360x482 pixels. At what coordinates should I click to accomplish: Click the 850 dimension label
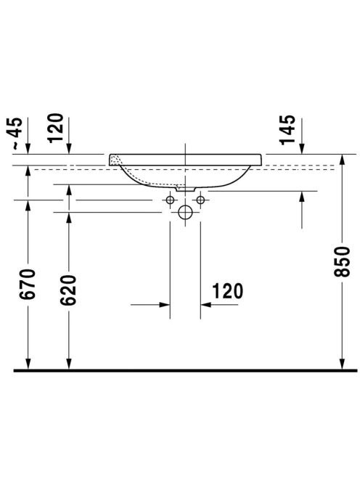coord(342,261)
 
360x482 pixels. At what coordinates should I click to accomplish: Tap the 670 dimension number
coord(28,284)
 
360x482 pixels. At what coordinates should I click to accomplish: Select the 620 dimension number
coord(68,290)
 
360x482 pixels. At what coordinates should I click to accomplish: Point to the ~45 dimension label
coord(14,134)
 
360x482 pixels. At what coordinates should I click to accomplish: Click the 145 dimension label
coord(287,130)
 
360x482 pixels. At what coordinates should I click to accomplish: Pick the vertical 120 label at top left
coord(55,128)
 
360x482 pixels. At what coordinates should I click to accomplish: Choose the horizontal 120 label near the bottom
coord(227,291)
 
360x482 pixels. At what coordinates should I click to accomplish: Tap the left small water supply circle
coord(170,200)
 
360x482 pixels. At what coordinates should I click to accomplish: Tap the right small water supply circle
coord(200,200)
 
